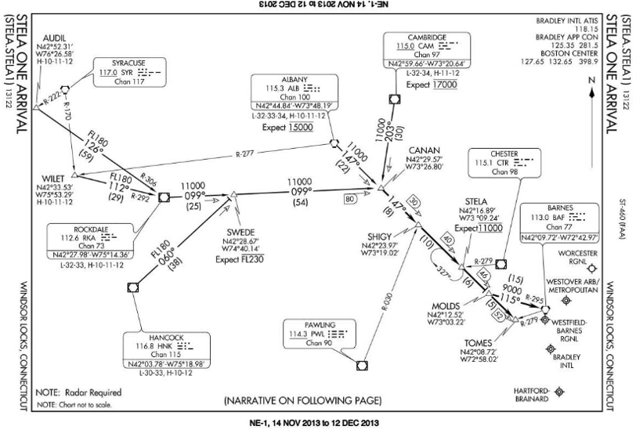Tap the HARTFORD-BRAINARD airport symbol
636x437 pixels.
click(x=558, y=391)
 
